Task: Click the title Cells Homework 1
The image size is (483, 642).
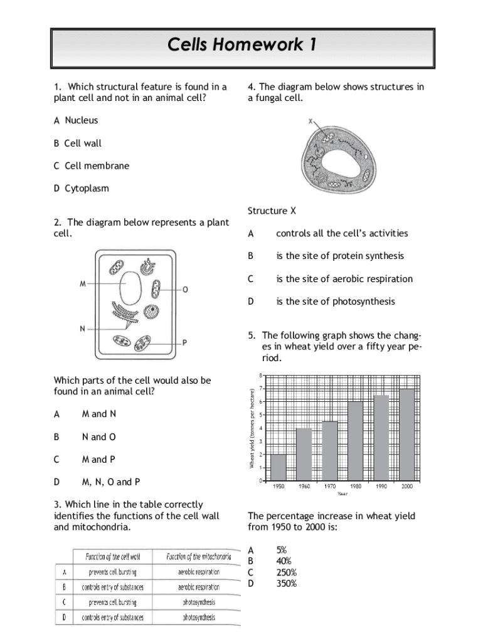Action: (242, 45)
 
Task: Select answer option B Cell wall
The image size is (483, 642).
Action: (78, 143)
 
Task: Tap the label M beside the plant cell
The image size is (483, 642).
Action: (83, 284)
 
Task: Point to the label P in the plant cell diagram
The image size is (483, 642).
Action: (185, 342)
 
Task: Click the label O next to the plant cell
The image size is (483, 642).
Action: (185, 290)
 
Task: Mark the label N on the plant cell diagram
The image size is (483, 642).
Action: (83, 328)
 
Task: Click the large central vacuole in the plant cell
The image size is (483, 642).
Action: (130, 287)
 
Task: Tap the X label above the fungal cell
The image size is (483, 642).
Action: (310, 122)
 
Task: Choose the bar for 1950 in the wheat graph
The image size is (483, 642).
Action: (278, 467)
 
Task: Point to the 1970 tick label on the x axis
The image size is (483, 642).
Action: (329, 487)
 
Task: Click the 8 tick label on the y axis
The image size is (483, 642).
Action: (261, 375)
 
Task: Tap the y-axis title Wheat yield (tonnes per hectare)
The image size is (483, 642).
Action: (251, 428)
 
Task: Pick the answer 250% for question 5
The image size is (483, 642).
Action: (287, 572)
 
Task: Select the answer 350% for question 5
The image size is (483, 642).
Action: (287, 583)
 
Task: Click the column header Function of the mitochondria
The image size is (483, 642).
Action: (199, 556)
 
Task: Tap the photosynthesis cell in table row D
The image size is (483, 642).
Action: (199, 617)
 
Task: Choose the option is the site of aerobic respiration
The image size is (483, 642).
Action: (344, 278)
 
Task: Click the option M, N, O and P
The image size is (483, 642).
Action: (110, 481)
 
